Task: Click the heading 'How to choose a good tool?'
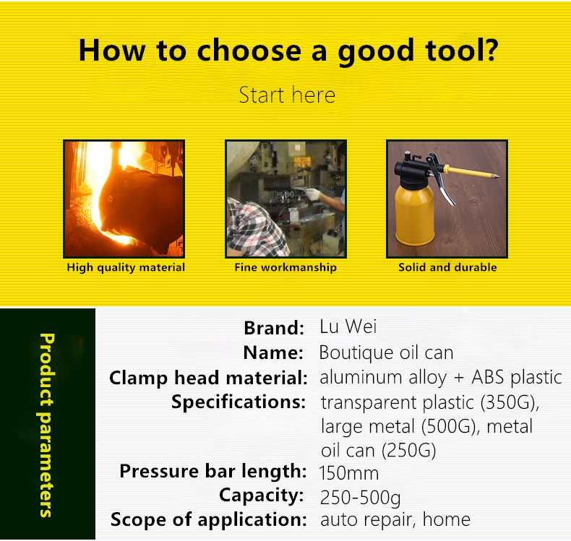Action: point(288,51)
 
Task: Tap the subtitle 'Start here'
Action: point(287,95)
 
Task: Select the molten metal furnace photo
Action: point(124,199)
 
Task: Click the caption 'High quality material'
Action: point(126,267)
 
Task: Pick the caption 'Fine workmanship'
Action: point(285,267)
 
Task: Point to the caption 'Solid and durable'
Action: point(447,267)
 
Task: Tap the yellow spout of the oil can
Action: point(471,173)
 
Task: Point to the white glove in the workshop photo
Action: point(312,194)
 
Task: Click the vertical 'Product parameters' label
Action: point(46,425)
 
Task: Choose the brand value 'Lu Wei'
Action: point(348,326)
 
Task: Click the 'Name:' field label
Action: point(273,352)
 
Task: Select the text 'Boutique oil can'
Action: point(387,352)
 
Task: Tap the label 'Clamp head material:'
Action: point(209,378)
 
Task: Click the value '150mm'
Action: point(349,473)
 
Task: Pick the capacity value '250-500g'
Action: point(360,498)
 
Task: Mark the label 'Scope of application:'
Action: point(209,519)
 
